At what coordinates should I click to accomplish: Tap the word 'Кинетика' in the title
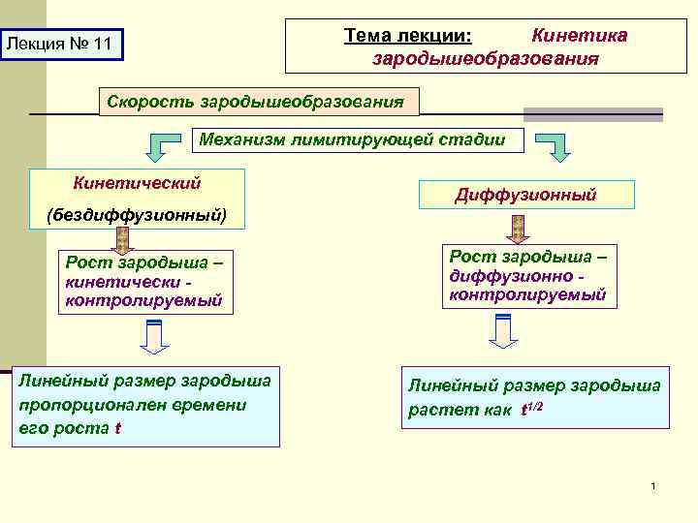click(x=579, y=36)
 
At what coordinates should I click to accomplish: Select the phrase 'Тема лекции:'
click(x=408, y=36)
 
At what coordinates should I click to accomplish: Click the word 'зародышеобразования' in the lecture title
click(x=486, y=58)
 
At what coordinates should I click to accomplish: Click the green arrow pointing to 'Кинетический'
click(x=166, y=147)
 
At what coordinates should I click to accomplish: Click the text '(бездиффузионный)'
click(x=136, y=215)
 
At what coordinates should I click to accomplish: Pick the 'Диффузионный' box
click(x=526, y=195)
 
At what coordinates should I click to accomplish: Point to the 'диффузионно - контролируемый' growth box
click(x=528, y=278)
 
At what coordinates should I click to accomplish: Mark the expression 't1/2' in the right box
click(x=531, y=408)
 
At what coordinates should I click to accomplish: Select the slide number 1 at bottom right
click(x=654, y=484)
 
